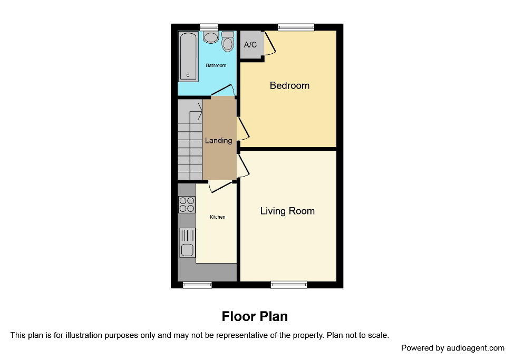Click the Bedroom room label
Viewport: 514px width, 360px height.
(289, 85)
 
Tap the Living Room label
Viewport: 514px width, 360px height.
(287, 211)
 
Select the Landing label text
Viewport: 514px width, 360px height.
(218, 141)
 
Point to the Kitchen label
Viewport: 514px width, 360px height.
(217, 217)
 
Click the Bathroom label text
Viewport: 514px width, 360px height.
(216, 65)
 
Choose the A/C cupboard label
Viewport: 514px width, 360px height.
(250, 45)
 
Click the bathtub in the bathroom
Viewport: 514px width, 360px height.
(188, 56)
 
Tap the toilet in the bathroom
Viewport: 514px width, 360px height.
(228, 42)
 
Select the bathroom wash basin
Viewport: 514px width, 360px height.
(211, 37)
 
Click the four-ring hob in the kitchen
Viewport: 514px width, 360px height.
(187, 204)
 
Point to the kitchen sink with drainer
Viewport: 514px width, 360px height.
(187, 242)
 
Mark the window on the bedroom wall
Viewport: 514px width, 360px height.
(296, 27)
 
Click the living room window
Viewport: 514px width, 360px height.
(289, 285)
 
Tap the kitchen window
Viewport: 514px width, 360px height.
(197, 285)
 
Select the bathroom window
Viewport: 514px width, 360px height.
(209, 27)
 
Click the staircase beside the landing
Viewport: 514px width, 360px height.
(190, 140)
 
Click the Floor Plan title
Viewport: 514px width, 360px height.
(255, 316)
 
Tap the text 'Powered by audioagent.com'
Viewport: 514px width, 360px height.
(452, 348)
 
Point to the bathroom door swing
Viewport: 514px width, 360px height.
(224, 91)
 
